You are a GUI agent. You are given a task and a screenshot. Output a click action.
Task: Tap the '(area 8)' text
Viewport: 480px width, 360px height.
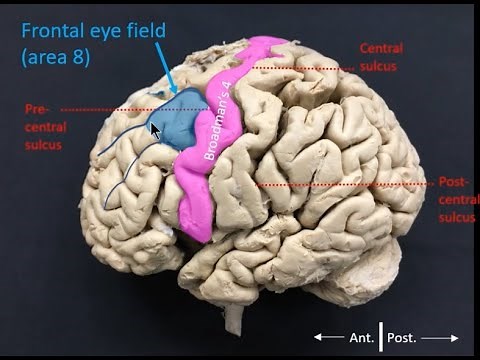click(x=55, y=57)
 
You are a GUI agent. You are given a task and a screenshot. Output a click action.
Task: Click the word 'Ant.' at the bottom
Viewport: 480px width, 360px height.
click(x=359, y=338)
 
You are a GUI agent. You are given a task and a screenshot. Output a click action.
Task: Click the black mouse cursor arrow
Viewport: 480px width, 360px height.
click(x=155, y=129)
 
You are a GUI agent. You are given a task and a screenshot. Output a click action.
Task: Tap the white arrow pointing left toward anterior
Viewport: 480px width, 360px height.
click(x=327, y=338)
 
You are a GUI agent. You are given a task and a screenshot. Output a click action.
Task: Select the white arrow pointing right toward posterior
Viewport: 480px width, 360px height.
click(x=441, y=338)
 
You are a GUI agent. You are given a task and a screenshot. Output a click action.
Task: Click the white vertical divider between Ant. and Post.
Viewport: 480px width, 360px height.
click(x=381, y=337)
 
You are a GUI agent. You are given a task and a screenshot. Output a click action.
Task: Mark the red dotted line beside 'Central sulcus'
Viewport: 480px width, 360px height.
click(x=300, y=67)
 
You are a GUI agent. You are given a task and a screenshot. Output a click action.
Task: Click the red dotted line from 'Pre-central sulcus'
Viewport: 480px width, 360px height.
click(x=110, y=109)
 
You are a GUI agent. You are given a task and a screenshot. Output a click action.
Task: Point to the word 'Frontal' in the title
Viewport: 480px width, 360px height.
click(x=54, y=31)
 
